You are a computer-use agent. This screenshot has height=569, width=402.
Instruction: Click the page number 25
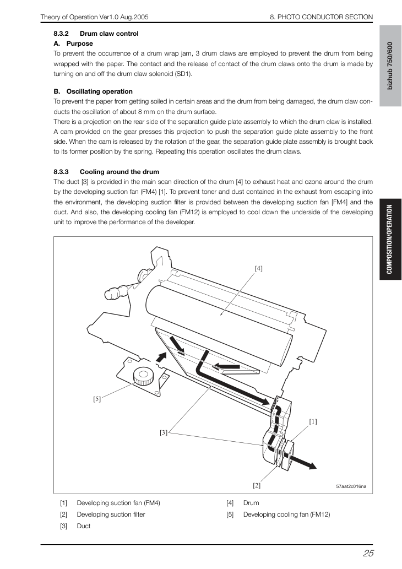(368, 553)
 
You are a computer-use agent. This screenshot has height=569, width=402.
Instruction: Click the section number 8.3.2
(61, 34)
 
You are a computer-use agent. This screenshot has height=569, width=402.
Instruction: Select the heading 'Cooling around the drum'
(119, 172)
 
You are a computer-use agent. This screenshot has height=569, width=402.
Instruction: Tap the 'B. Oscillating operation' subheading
(93, 91)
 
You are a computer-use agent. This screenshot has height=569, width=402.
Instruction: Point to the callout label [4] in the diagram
(259, 269)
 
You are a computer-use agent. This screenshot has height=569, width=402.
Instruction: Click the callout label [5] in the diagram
(97, 399)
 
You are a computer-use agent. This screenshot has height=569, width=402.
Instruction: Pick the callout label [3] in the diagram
(164, 432)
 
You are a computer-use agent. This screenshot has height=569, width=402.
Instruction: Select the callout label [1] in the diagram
(313, 422)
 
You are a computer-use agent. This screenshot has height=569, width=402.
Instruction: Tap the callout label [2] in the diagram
(257, 485)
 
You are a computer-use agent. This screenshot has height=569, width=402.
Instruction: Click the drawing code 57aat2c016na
(351, 486)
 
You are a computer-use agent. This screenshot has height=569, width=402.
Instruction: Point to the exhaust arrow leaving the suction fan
(302, 461)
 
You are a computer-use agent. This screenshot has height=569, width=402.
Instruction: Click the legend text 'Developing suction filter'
(111, 514)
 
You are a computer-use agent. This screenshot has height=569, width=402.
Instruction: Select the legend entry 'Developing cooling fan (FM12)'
(286, 514)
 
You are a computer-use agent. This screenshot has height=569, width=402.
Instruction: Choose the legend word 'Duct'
(84, 526)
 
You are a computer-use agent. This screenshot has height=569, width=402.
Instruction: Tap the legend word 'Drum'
(251, 503)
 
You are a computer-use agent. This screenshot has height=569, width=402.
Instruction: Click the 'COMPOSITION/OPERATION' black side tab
(390, 239)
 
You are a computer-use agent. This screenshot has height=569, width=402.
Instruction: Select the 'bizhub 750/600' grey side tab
(390, 66)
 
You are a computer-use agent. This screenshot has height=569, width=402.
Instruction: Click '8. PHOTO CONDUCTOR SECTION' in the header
(322, 17)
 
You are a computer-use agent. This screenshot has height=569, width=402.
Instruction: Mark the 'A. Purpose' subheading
(73, 44)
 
